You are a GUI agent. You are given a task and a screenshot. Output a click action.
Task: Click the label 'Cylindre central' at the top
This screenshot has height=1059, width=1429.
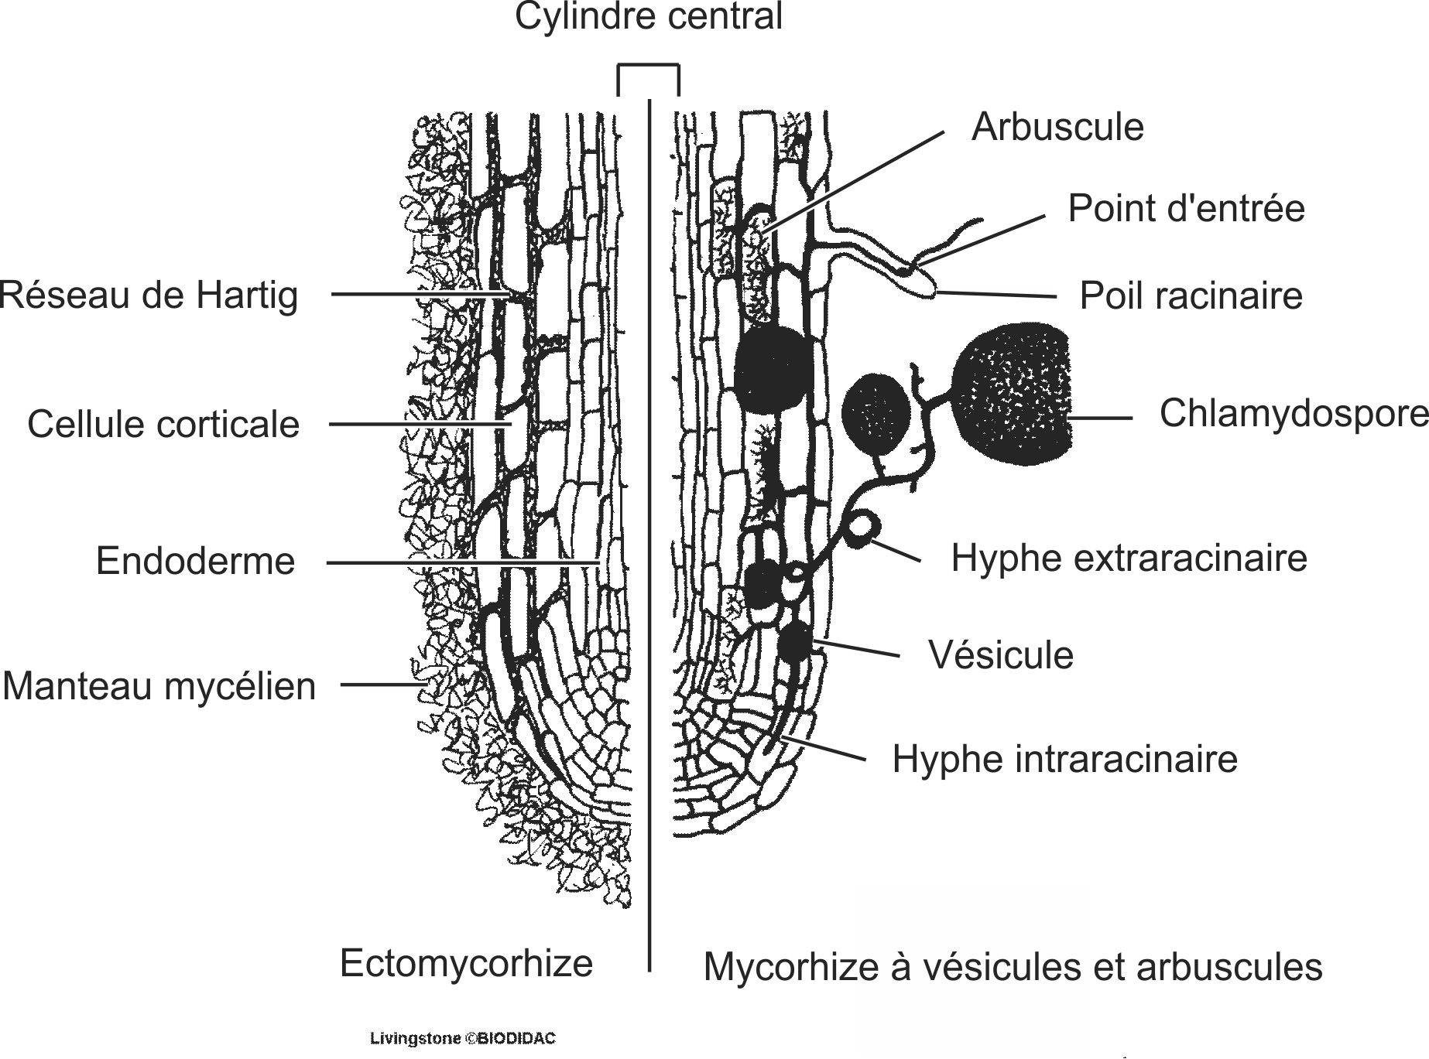649,17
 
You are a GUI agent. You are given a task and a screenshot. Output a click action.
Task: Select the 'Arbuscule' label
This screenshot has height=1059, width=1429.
1057,127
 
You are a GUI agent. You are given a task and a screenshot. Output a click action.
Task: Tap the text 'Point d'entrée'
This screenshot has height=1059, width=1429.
1186,208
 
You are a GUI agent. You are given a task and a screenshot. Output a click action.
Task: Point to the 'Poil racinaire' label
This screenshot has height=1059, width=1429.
1191,295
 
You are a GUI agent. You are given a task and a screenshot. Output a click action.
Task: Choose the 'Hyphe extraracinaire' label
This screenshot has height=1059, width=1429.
1129,557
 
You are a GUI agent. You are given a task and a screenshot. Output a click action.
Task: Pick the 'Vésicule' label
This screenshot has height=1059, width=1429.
1000,654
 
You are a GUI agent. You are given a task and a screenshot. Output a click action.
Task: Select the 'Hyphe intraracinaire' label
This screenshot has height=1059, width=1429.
1064,759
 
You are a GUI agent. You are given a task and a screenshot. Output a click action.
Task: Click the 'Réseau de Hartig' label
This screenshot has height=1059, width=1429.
149,295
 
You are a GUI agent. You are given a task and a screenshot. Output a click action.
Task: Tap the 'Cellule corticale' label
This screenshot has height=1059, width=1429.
163,424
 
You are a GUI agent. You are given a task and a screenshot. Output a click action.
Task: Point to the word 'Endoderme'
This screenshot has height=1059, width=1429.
195,561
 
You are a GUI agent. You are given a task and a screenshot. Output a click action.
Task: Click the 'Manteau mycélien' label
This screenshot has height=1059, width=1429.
159,686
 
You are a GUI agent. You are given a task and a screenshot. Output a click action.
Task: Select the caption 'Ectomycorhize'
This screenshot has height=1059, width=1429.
466,963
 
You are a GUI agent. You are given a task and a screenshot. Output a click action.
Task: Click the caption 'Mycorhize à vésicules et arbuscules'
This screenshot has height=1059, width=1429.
1013,967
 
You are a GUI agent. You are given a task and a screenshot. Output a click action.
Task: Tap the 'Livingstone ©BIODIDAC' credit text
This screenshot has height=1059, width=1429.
463,1038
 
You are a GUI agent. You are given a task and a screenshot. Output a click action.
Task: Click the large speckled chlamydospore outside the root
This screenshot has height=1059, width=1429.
1014,395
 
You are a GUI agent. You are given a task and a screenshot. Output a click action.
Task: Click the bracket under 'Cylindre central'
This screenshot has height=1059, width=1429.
648,68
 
